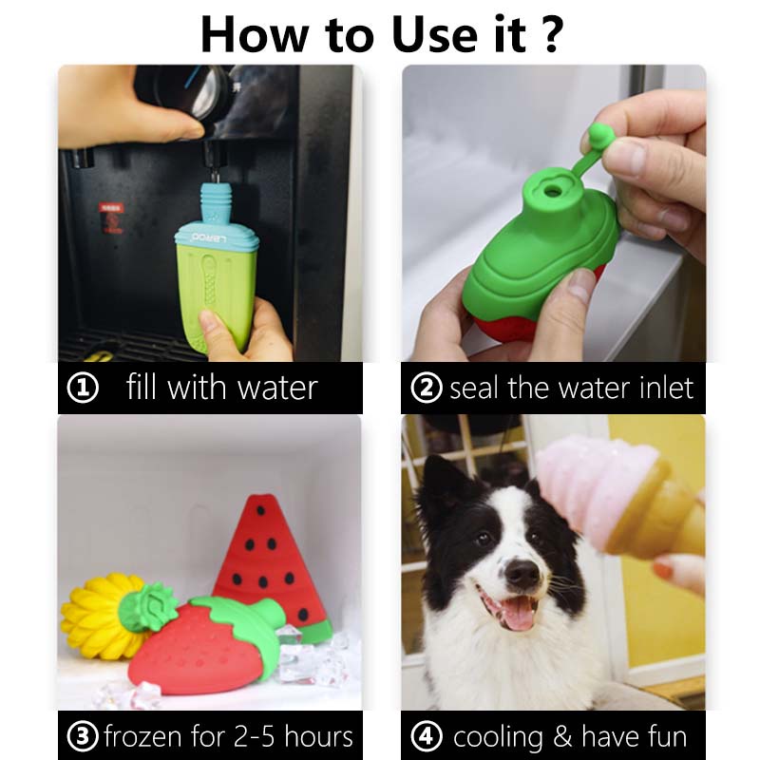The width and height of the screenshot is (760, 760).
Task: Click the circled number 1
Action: [83, 388]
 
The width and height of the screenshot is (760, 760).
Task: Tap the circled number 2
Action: [427, 388]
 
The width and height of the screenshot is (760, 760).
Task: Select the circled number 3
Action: [83, 736]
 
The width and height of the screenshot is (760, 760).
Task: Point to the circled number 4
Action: [427, 736]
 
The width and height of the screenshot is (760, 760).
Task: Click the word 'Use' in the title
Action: [435, 35]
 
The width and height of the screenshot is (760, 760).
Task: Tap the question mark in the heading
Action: [552, 34]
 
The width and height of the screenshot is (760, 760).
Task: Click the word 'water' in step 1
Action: [277, 389]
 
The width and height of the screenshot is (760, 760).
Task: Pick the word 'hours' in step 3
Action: [318, 735]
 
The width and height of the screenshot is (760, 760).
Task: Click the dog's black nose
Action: [522, 574]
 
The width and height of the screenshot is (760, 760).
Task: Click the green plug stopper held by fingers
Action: [599, 134]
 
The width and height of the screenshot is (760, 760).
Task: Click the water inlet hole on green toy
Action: [552, 191]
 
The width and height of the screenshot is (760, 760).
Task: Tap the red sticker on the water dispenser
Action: [111, 218]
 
